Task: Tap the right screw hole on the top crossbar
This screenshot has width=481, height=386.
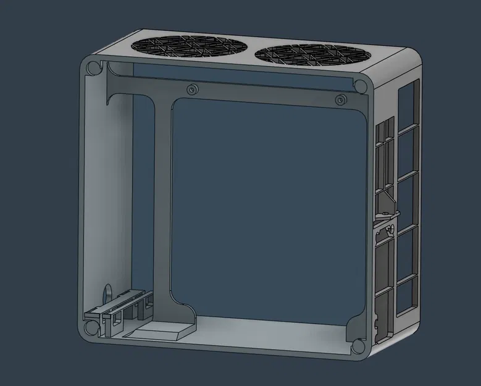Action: pos(339,99)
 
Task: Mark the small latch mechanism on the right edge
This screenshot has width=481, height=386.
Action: pos(386,219)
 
